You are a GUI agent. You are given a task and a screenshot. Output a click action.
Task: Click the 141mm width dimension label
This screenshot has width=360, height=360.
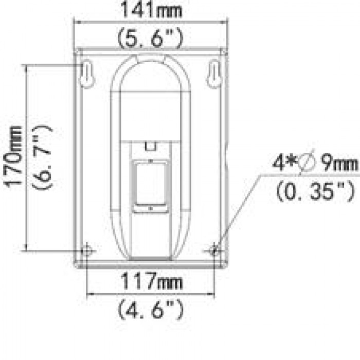[150, 9]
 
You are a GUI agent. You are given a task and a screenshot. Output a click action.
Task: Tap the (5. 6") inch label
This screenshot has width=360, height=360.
[150, 37]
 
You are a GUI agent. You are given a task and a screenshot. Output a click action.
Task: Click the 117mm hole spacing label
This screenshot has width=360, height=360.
[150, 281]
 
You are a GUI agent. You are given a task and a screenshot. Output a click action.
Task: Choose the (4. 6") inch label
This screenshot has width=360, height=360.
[150, 309]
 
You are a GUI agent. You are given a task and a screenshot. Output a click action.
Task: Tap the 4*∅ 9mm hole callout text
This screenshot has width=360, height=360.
[315, 164]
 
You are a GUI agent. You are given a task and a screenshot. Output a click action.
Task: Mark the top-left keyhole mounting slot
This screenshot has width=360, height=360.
[87, 74]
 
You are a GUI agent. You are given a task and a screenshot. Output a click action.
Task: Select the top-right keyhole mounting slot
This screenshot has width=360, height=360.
[214, 74]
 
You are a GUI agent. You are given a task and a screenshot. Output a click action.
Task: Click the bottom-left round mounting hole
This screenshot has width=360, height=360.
[87, 250]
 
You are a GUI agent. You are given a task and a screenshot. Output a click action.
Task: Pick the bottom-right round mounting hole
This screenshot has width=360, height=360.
[214, 250]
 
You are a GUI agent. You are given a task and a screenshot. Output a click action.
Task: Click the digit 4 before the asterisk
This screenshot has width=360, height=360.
[278, 164]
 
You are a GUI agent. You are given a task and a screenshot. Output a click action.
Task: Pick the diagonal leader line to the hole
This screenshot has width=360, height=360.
[239, 211]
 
